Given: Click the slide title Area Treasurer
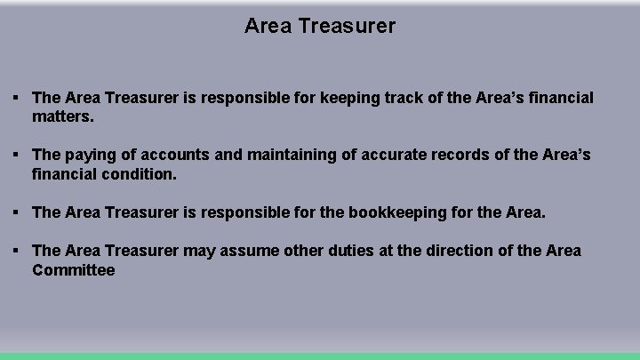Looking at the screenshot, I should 320,27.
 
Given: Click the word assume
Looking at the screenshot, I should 240,252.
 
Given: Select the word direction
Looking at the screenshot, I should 452,252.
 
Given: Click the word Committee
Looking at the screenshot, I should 74,270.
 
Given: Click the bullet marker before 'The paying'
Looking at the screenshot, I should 17,155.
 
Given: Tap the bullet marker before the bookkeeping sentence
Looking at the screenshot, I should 17,212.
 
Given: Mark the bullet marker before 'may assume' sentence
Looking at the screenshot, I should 17,251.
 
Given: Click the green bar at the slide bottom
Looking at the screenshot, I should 320,356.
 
